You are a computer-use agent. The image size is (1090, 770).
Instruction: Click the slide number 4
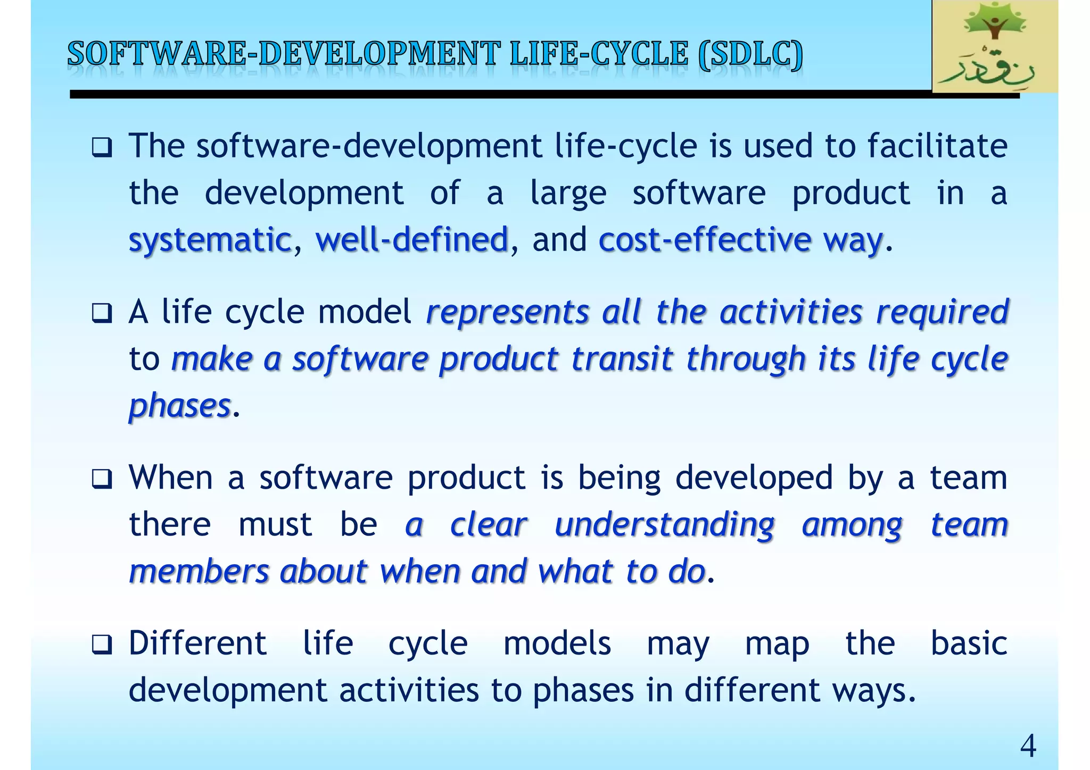1028,746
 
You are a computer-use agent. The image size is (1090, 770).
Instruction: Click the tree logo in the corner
994,47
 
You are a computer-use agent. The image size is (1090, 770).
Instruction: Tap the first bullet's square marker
102,147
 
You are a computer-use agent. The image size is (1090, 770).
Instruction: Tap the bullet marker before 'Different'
102,645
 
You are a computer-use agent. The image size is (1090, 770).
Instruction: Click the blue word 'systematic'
210,240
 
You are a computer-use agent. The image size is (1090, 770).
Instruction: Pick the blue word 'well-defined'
412,240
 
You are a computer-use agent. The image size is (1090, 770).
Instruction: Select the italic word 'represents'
508,312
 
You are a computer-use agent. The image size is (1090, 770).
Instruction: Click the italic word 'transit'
622,359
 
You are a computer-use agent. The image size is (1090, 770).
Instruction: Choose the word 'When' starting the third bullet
171,478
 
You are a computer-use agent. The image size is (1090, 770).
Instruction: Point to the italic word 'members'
199,572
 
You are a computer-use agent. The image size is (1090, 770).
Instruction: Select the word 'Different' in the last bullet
197,643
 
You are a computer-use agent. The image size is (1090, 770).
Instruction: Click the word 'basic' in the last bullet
969,643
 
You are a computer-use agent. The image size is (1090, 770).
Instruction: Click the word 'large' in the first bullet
568,194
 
